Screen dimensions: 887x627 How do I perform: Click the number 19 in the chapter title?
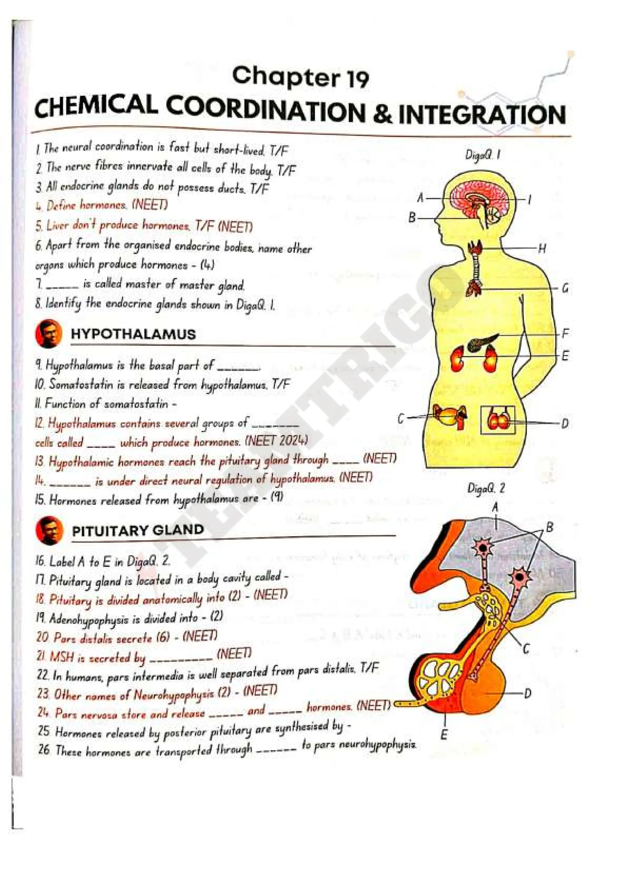[357, 78]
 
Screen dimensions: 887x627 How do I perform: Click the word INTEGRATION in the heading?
[482, 115]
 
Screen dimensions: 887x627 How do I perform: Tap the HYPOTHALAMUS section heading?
[133, 334]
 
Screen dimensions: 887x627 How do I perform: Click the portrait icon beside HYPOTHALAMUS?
[49, 334]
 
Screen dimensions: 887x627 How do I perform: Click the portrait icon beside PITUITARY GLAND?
[49, 530]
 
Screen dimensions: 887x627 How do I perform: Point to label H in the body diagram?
[542, 249]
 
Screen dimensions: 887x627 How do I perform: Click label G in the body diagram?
[565, 289]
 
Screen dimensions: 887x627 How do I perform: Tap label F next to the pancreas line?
[565, 333]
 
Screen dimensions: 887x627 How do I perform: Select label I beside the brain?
[530, 200]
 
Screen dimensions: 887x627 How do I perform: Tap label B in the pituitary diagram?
[549, 526]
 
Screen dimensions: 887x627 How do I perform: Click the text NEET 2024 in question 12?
[277, 441]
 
